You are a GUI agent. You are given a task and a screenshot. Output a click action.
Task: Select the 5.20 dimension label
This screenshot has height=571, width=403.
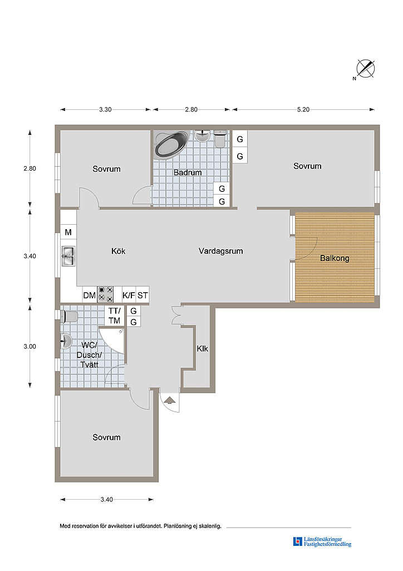(303, 110)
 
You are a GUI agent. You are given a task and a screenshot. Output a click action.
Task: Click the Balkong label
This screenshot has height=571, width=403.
(335, 258)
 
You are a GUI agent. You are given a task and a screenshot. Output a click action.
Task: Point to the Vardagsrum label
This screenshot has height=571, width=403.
(220, 251)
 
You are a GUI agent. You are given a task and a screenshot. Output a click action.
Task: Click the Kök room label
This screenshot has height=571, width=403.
(119, 251)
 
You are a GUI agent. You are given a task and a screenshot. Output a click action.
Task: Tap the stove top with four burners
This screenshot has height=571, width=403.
(105, 294)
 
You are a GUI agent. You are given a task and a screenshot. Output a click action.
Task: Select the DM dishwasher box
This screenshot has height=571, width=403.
(90, 295)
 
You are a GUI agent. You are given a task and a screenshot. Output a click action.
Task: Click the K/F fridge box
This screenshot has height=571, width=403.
(129, 295)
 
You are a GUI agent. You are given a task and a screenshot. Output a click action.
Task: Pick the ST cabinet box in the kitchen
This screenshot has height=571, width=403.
(142, 295)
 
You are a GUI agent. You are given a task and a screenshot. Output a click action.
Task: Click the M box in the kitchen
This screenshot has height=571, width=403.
(68, 232)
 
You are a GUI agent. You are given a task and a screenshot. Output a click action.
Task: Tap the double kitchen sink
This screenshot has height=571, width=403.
(68, 257)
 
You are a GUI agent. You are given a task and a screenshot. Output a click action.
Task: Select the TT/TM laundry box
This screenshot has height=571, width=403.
(115, 316)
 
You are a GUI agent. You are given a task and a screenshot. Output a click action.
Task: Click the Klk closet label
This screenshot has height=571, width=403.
(203, 349)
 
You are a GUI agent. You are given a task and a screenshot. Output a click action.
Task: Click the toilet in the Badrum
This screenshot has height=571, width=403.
(220, 138)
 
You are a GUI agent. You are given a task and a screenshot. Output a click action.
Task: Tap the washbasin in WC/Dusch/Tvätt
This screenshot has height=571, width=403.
(66, 342)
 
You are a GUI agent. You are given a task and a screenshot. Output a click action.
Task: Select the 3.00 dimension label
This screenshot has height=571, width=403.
(30, 346)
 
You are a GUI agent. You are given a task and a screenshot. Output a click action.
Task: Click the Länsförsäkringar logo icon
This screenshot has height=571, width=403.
(298, 541)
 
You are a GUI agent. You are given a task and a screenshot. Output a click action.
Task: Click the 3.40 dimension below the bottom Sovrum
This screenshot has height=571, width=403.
(107, 500)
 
